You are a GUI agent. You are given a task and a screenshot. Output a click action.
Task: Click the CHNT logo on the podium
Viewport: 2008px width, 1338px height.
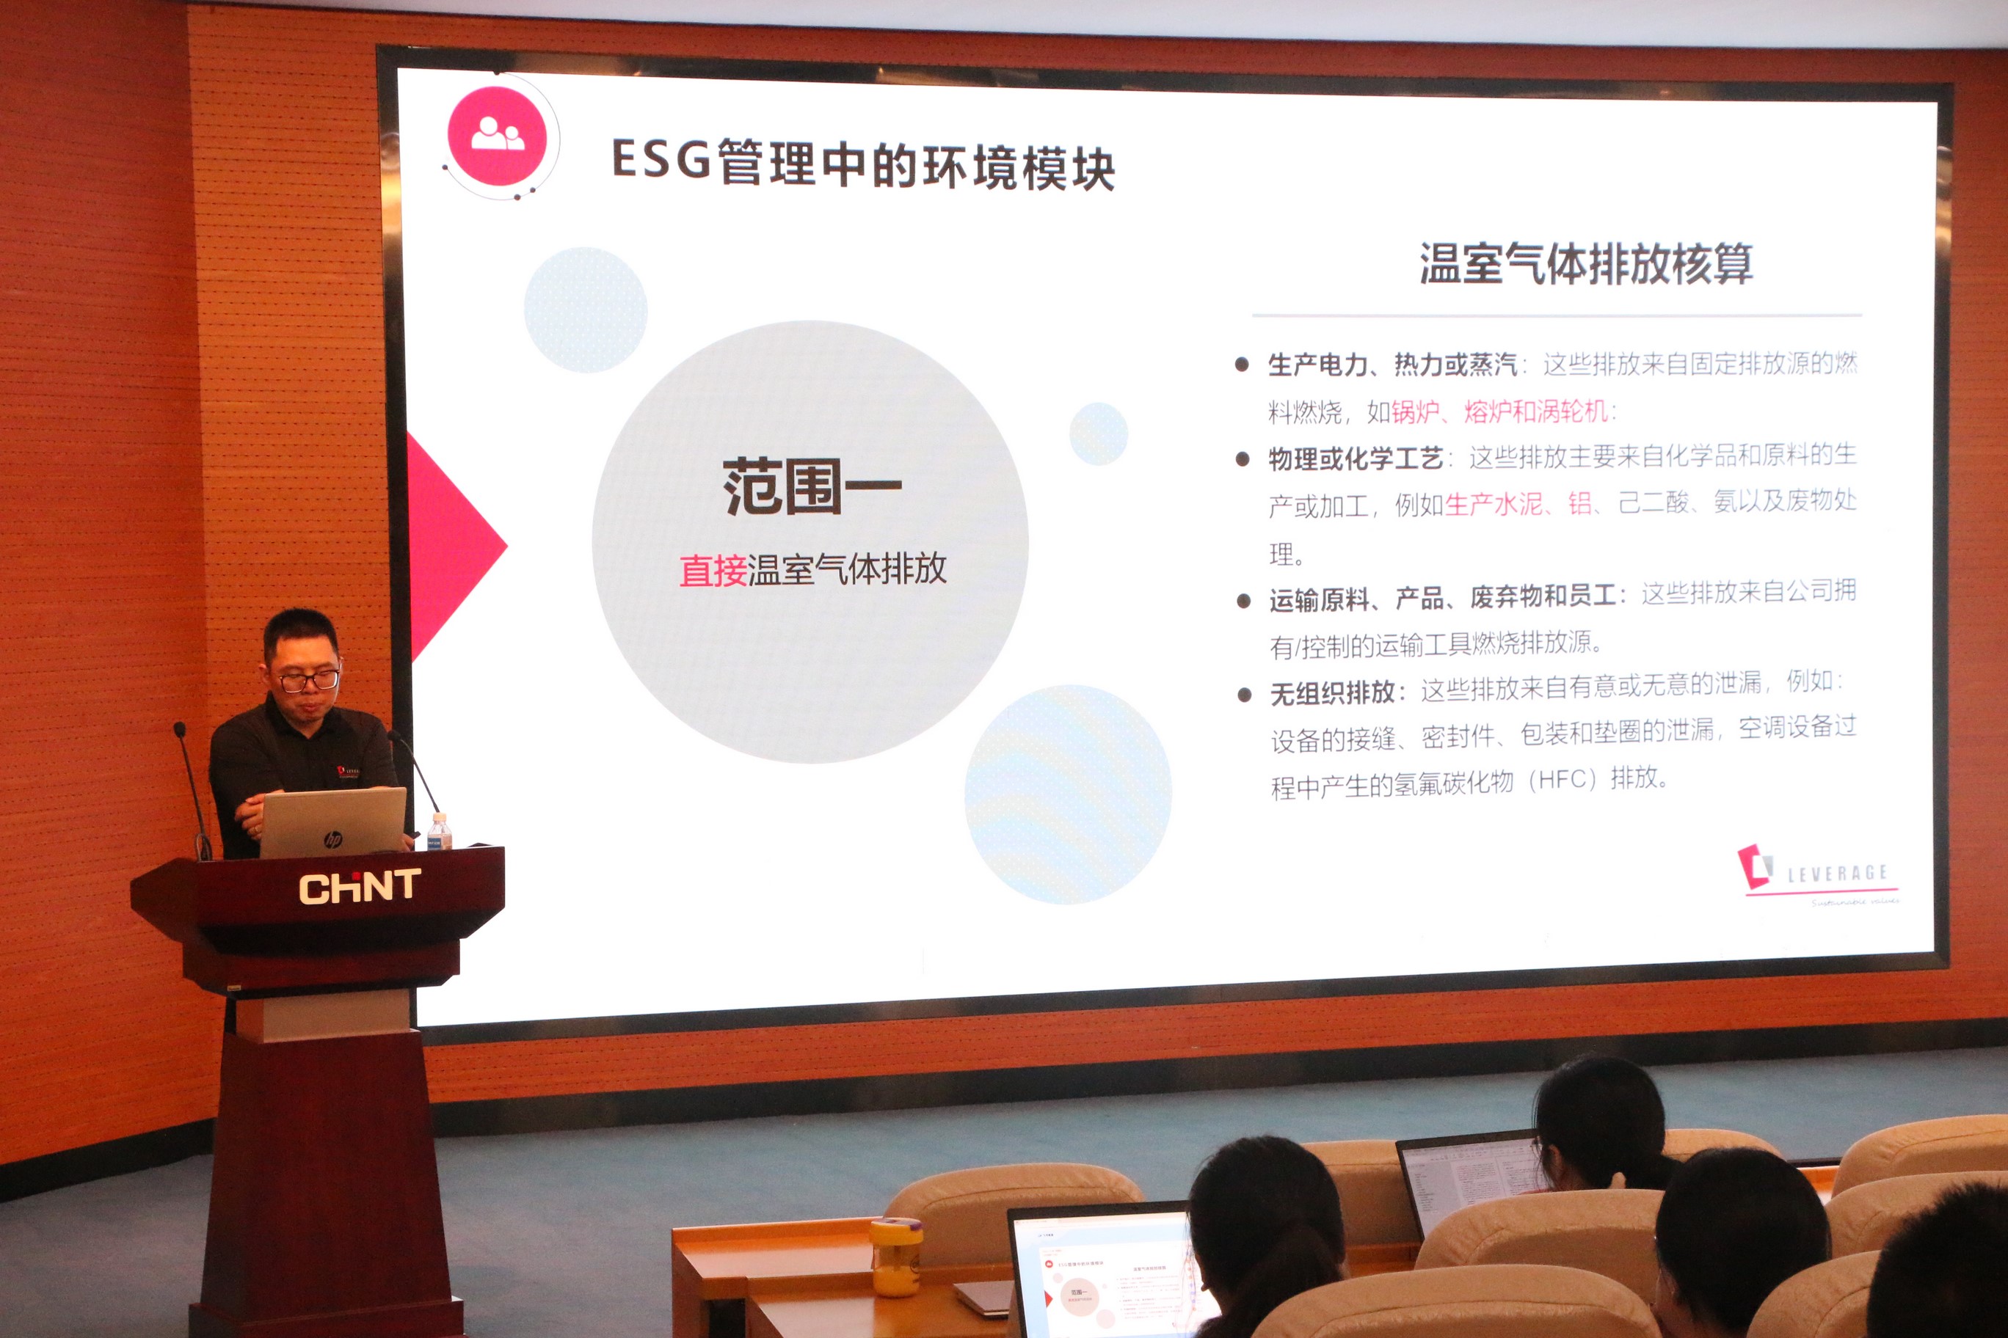[359, 887]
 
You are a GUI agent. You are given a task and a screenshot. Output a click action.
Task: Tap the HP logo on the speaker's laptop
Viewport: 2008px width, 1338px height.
[333, 840]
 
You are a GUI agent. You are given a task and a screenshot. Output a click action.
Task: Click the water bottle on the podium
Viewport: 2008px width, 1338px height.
[439, 832]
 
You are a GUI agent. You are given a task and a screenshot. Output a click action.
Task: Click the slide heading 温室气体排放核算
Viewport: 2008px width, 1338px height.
[1585, 263]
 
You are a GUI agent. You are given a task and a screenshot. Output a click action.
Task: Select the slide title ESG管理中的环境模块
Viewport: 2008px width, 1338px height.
[863, 164]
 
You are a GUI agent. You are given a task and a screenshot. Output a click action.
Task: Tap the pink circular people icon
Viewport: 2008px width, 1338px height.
[497, 136]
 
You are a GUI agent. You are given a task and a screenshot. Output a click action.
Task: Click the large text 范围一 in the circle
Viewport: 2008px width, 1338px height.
[812, 486]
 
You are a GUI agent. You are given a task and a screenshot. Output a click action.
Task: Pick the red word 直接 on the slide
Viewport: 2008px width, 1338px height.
[713, 570]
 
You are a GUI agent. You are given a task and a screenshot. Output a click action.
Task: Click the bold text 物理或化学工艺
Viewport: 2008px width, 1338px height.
[1355, 459]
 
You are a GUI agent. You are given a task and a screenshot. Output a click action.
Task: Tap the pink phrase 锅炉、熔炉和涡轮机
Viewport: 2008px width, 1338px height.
[1499, 412]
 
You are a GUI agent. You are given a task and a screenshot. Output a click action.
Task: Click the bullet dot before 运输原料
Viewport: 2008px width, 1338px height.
[1244, 601]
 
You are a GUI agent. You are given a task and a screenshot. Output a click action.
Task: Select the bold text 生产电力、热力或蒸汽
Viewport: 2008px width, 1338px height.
[1392, 365]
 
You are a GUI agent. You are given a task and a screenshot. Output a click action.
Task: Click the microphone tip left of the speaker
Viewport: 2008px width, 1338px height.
[179, 731]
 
